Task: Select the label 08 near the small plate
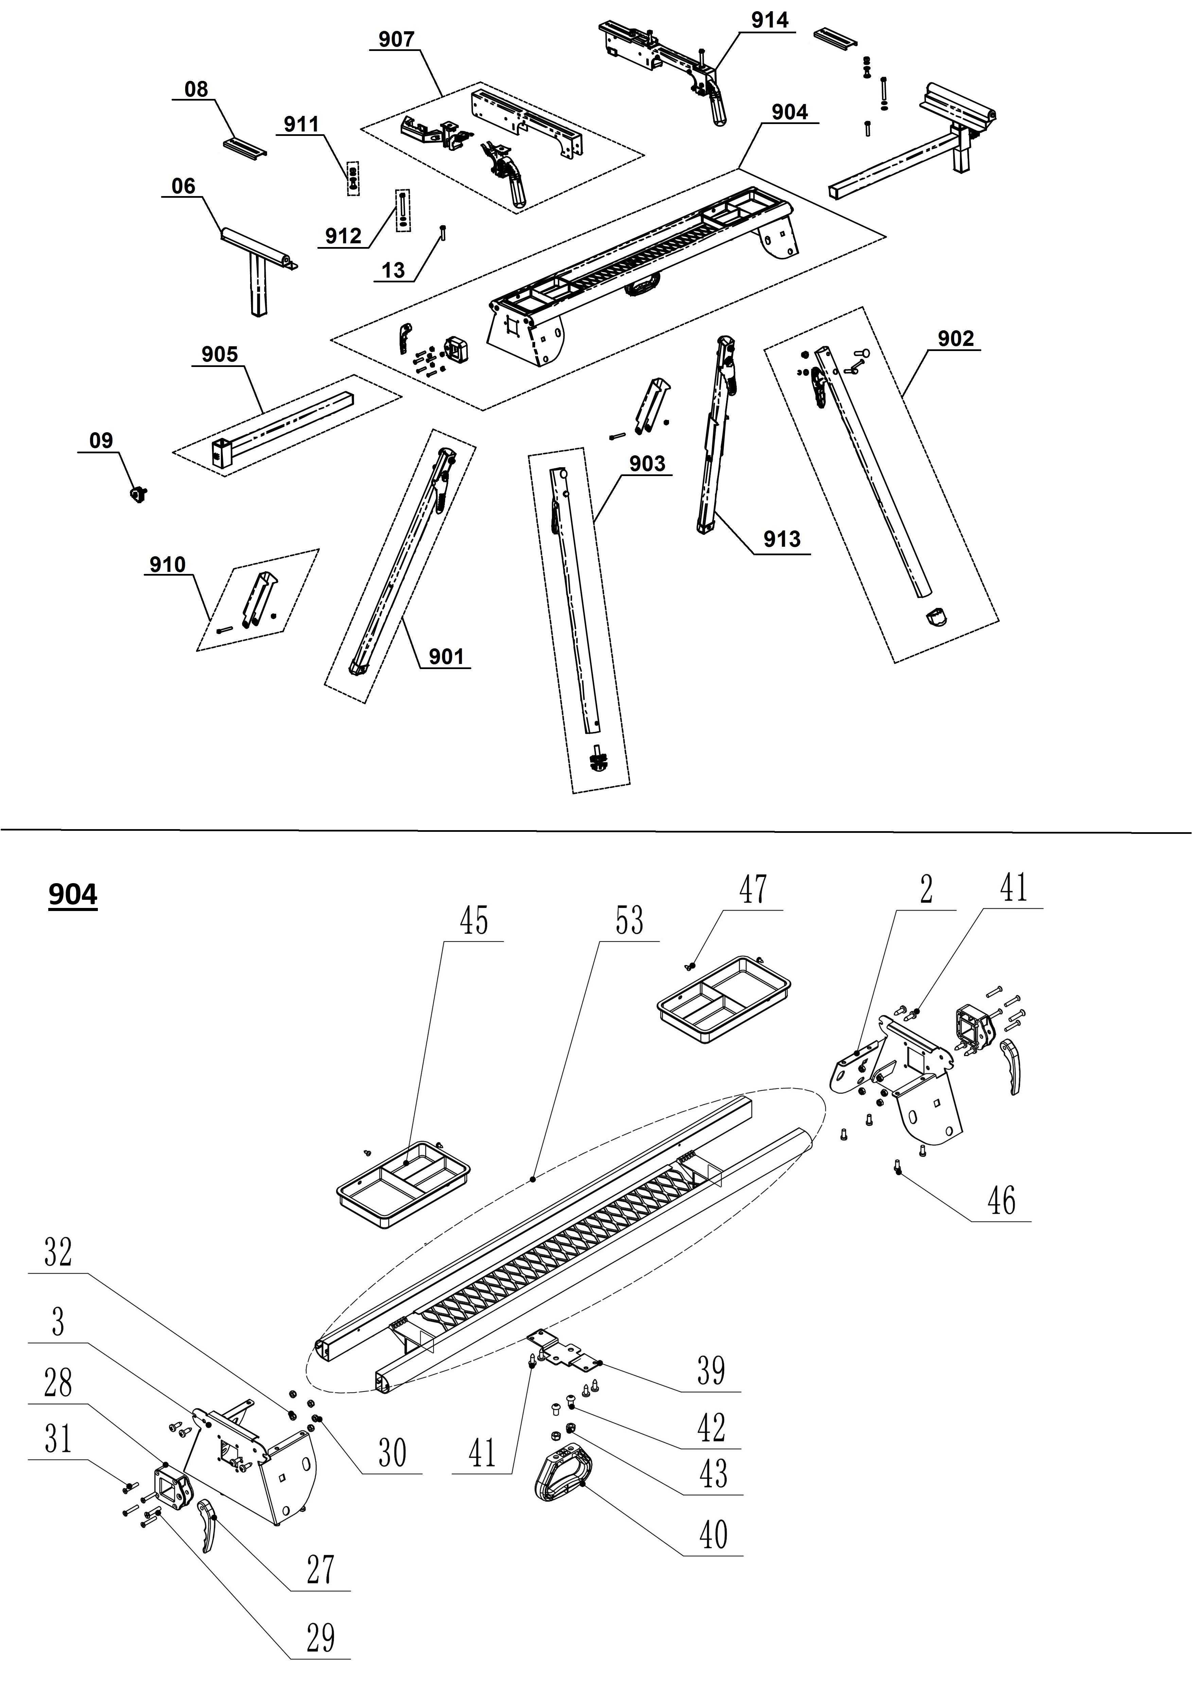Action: coord(196,90)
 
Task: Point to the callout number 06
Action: coord(183,187)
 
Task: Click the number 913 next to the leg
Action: coord(782,540)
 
